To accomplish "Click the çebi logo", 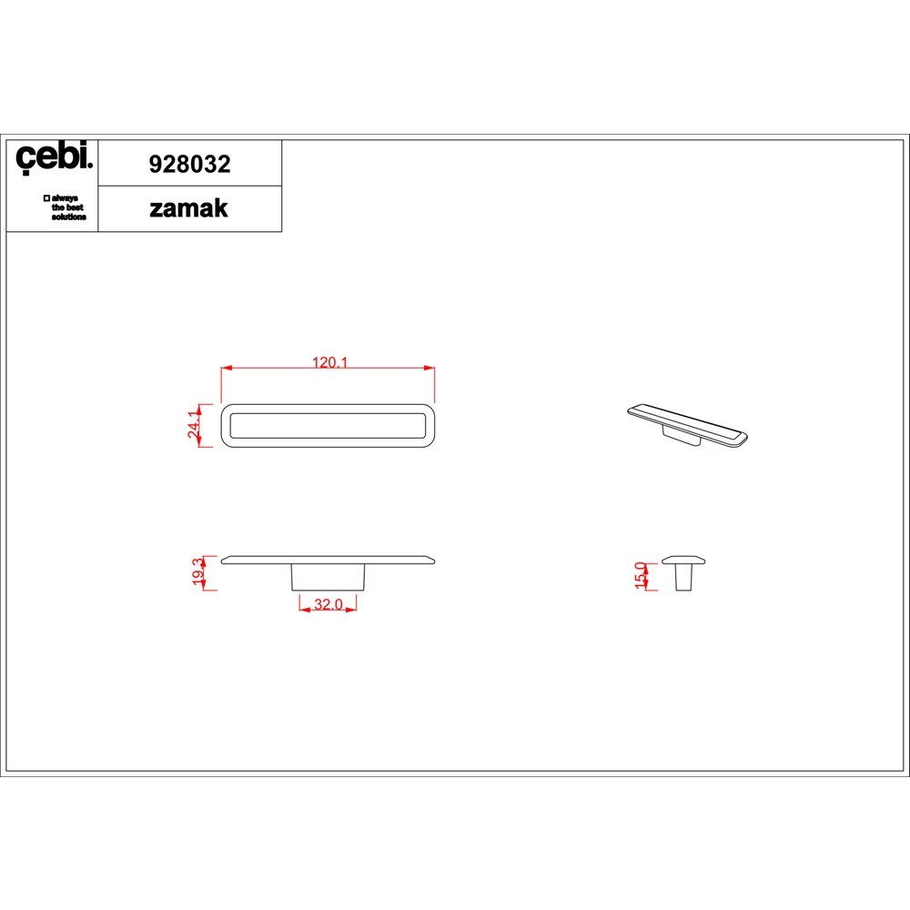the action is click(54, 157).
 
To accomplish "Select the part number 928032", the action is click(190, 164).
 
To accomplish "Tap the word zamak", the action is click(188, 208).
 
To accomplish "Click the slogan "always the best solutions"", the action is click(66, 207).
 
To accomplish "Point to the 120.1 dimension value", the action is click(329, 362).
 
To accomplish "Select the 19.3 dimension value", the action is click(197, 571).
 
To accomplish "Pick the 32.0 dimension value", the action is click(328, 604).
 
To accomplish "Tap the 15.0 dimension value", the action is click(640, 575).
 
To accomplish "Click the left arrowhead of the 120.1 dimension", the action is click(227, 368).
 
